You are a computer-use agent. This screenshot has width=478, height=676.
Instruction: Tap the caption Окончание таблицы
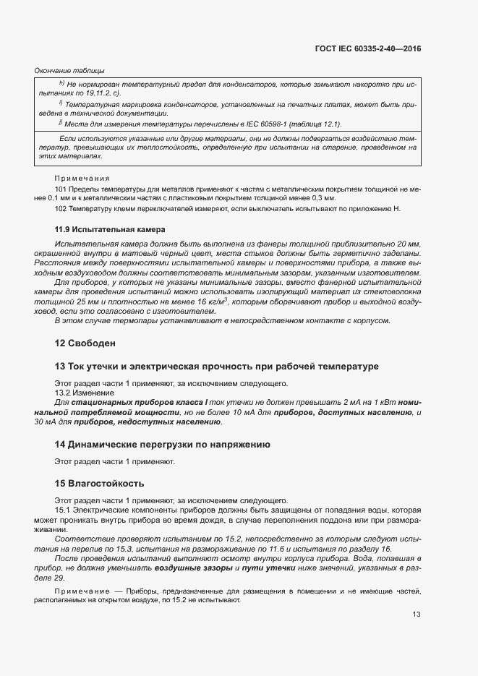(69, 71)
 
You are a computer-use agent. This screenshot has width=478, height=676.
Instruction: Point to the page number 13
(416, 635)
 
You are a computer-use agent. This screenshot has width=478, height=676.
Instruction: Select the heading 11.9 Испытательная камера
(106, 229)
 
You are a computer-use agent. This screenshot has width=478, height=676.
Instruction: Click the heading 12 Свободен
(85, 342)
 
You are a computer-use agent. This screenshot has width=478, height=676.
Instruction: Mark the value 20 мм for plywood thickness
(408, 245)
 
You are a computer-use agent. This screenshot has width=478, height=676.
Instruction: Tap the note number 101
(61, 188)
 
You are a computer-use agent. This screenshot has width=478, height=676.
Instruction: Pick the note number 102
(61, 209)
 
